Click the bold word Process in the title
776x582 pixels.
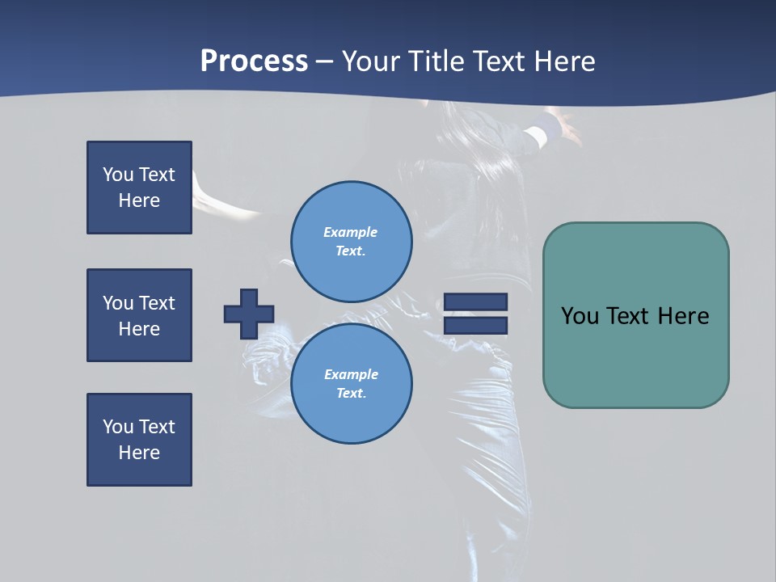click(254, 61)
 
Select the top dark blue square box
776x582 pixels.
click(139, 188)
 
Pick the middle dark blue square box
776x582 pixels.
click(139, 315)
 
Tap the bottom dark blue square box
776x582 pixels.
click(139, 440)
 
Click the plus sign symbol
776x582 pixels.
click(249, 314)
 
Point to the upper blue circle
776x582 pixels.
click(352, 241)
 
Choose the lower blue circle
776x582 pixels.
click(352, 383)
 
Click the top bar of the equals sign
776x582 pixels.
click(475, 302)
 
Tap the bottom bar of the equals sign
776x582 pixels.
click(475, 325)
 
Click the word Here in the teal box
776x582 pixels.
click(683, 316)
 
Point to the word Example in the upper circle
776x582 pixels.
click(351, 232)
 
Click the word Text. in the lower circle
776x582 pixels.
click(351, 393)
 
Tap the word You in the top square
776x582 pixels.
click(118, 175)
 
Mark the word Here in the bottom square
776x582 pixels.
click(139, 453)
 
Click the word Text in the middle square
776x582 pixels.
click(157, 303)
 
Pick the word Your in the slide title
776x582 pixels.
click(371, 61)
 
